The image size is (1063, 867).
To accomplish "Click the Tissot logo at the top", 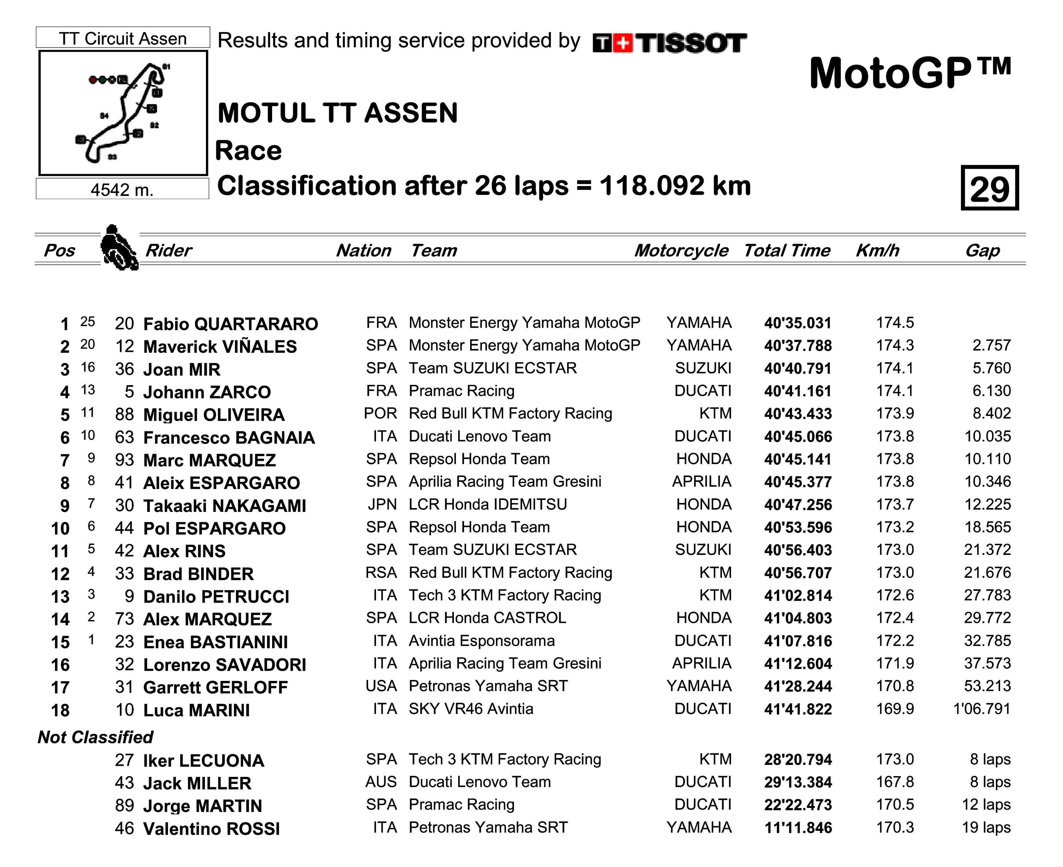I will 669,43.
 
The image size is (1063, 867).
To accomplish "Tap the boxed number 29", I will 989,188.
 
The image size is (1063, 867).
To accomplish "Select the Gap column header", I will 982,250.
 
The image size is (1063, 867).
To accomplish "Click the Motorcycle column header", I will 681,250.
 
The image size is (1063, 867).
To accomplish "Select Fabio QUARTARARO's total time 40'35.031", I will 797,323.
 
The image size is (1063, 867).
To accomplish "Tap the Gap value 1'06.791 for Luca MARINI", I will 982,709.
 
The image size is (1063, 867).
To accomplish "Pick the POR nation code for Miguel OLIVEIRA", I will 381,414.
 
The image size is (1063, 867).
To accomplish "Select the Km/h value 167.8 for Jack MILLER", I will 895,782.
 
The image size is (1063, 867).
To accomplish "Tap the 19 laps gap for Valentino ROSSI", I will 986,828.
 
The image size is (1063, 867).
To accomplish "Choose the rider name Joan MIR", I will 182,369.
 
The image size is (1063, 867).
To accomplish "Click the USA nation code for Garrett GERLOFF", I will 381,686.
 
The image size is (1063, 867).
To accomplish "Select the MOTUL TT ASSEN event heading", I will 338,113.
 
